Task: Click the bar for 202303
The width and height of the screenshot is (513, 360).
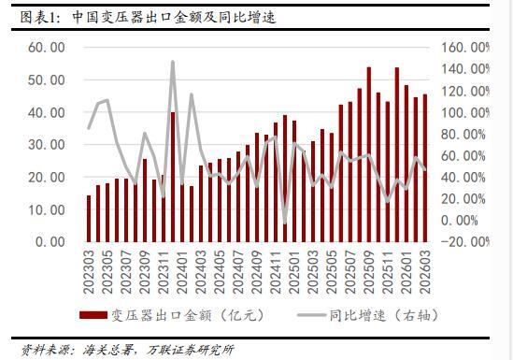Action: click(x=89, y=219)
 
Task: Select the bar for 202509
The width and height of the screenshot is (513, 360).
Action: click(x=369, y=154)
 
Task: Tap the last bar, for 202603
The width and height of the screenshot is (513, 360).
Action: click(x=425, y=168)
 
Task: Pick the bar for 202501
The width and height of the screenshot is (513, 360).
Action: click(x=294, y=181)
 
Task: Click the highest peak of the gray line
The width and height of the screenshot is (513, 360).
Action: click(x=173, y=62)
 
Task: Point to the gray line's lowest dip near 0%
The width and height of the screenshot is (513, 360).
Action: click(x=285, y=223)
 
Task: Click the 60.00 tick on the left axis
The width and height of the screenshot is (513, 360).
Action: click(x=47, y=48)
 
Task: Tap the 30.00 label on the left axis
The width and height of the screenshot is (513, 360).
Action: click(x=47, y=145)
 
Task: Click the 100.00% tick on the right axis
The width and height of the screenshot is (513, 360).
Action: click(x=465, y=112)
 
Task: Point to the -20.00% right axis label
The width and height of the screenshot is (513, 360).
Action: click(x=465, y=242)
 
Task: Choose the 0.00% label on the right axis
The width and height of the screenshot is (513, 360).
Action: click(x=460, y=221)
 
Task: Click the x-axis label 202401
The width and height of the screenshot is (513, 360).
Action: click(x=182, y=272)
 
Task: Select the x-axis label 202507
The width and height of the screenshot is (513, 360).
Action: click(x=350, y=272)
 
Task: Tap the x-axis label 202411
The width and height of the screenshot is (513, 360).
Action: click(x=276, y=272)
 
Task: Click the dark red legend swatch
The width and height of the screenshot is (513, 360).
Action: click(x=93, y=315)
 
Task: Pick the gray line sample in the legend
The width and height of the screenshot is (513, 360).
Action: click(x=311, y=315)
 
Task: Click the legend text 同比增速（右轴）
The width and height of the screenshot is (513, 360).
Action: click(x=384, y=315)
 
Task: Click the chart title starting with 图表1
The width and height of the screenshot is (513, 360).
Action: click(x=148, y=18)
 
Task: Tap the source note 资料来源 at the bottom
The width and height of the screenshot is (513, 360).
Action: click(x=128, y=350)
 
